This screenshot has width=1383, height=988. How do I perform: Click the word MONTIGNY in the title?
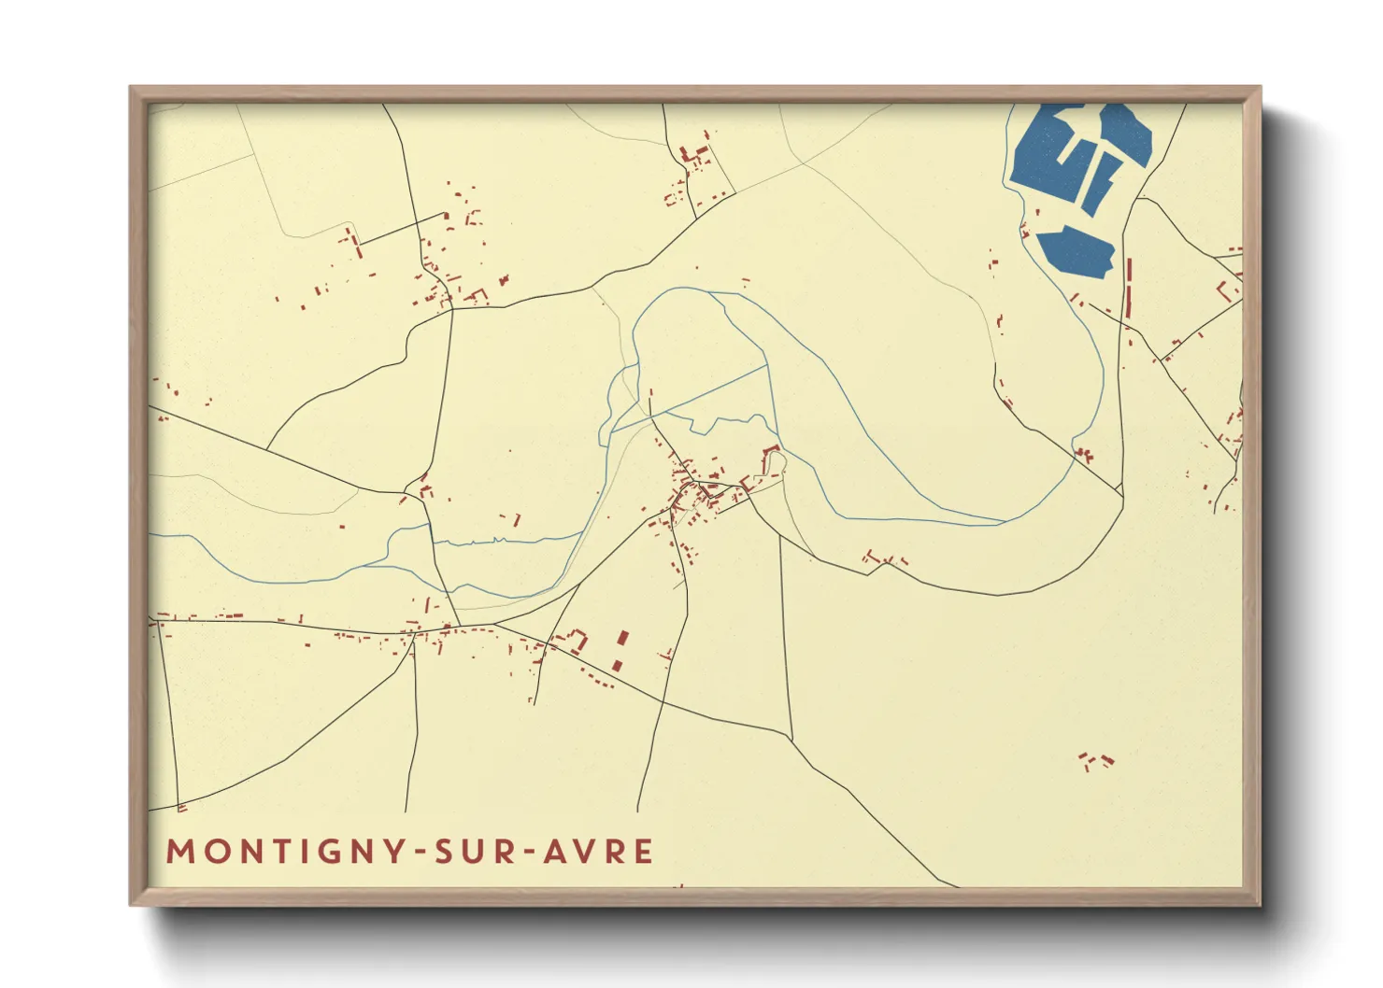pyautogui.click(x=286, y=852)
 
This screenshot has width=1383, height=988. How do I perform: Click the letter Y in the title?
pyautogui.click(x=394, y=852)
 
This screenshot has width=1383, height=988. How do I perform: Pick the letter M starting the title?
pyautogui.click(x=179, y=852)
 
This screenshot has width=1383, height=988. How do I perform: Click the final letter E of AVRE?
pyautogui.click(x=644, y=852)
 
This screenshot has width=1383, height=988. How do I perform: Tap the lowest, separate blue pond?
pyautogui.click(x=1076, y=251)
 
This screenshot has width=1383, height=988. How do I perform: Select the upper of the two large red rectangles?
pyautogui.click(x=623, y=640)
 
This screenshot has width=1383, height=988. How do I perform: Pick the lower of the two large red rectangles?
pyautogui.click(x=617, y=665)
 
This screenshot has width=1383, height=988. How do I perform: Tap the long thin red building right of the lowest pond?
pyautogui.click(x=1129, y=288)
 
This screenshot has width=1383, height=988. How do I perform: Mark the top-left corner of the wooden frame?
pyautogui.click(x=131, y=88)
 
